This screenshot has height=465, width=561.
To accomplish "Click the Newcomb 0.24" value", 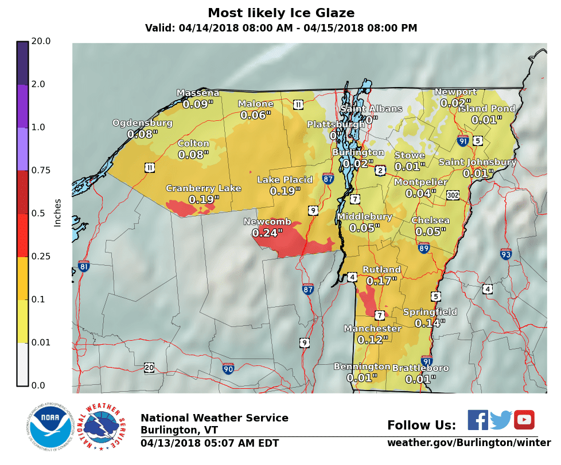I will (x=267, y=233).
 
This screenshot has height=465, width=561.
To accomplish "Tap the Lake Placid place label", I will (x=285, y=180).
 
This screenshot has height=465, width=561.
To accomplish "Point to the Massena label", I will (x=197, y=93).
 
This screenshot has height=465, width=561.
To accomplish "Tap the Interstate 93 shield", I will (x=505, y=254).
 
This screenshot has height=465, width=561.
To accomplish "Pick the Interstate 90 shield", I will (x=228, y=368).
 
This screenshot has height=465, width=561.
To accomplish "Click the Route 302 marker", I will (x=453, y=195).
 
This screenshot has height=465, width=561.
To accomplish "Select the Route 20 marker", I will (x=149, y=367).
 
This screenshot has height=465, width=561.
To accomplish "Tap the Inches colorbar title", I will (x=57, y=212).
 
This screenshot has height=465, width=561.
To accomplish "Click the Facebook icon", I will (x=477, y=420).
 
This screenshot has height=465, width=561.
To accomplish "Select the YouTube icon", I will (x=524, y=420).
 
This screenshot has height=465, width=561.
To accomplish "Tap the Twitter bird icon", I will (x=501, y=420).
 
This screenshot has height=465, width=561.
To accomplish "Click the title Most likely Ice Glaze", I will (x=280, y=13).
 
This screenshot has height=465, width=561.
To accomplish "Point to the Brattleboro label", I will (x=420, y=368).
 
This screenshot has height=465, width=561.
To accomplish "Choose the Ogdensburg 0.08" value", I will (x=142, y=135).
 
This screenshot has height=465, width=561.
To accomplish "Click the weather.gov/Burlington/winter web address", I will (x=469, y=443).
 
